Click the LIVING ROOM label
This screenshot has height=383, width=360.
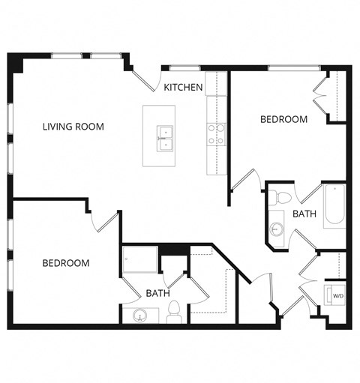73,127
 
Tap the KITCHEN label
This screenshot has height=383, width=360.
183,88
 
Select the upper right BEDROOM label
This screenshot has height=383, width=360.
283,119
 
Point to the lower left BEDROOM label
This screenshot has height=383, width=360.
65,263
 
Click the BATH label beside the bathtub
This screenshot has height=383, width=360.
304,214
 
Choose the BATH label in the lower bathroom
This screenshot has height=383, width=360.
157,293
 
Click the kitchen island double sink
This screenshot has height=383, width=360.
165,139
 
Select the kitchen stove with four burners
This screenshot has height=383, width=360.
216,134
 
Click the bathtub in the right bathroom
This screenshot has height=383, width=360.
334,205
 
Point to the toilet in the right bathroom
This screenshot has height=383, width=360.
281,198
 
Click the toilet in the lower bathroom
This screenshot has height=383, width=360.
173,312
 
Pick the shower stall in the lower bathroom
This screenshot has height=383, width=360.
140,260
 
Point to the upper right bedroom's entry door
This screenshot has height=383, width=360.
244,181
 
